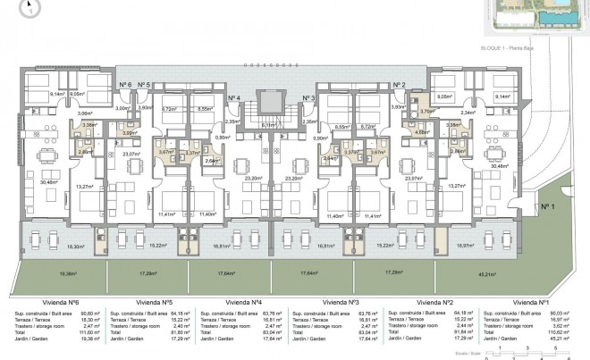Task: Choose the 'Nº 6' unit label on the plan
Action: [125, 85]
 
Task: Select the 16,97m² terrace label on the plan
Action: [463, 244]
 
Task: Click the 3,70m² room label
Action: [426, 111]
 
